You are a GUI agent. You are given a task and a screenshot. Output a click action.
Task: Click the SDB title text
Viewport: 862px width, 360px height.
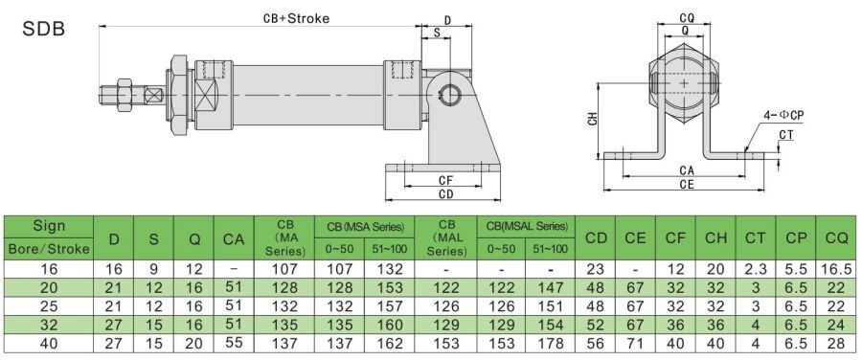(x=43, y=29)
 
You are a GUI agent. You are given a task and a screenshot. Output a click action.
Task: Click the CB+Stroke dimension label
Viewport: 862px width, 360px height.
(x=296, y=18)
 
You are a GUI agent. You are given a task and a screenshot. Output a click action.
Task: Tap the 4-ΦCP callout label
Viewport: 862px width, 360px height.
(x=783, y=115)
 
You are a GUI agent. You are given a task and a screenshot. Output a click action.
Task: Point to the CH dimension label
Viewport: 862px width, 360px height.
(x=592, y=120)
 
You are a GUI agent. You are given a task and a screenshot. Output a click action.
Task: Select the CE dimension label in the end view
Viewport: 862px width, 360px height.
(x=687, y=185)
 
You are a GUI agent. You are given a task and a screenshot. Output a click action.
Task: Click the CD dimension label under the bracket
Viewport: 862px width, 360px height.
(x=445, y=193)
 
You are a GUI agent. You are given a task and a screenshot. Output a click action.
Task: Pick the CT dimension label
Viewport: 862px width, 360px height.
(x=786, y=135)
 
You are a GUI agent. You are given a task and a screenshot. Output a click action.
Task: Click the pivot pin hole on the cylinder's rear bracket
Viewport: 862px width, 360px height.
(x=452, y=96)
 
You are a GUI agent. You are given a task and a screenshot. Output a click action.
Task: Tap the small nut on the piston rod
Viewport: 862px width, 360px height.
(x=125, y=95)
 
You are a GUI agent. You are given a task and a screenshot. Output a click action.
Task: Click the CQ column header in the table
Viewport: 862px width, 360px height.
(x=837, y=238)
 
